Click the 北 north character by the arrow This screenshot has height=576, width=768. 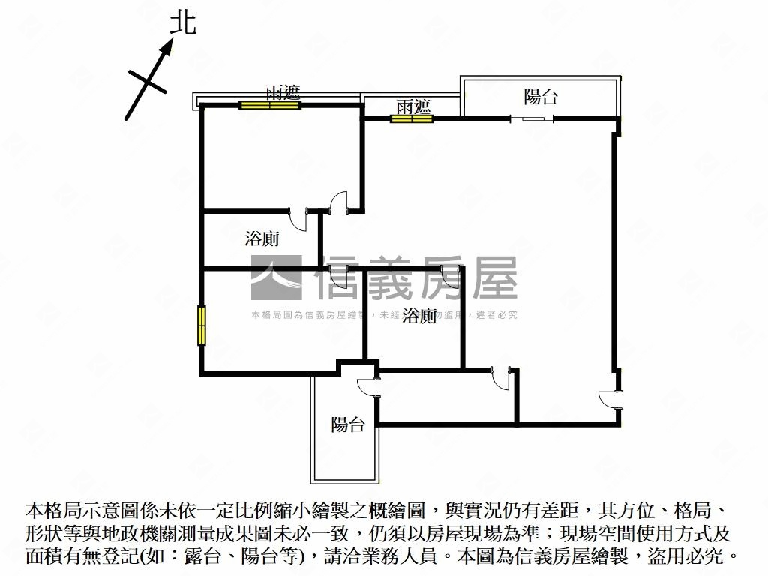coord(182,22)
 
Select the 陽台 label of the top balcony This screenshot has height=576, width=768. coord(540,97)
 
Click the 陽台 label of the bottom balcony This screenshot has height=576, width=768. coord(348,425)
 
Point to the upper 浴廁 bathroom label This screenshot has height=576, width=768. coord(262,239)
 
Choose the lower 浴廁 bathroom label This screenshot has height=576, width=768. coord(419,316)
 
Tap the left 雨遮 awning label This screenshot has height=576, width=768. coord(283,93)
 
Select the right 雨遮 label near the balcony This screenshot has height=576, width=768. coord(413,106)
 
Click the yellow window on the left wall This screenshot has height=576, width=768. coord(202,325)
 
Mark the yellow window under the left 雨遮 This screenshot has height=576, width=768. coord(269,105)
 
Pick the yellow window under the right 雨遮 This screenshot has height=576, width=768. coord(412,118)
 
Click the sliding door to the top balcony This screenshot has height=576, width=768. coord(532,118)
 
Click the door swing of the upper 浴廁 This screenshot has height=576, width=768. coord(299,220)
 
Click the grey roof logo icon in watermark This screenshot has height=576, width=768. coord(275,278)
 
